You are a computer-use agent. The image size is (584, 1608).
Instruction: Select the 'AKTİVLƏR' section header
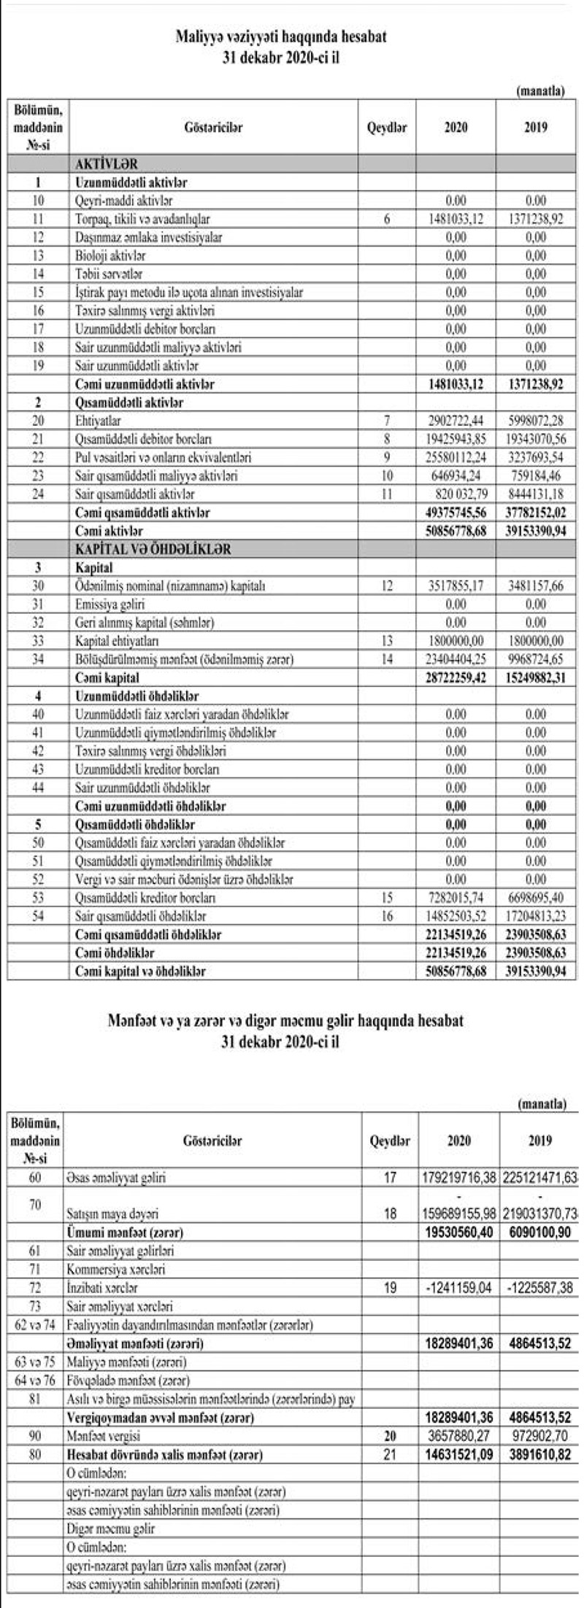(107, 164)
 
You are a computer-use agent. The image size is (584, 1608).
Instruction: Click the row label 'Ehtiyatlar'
(99, 422)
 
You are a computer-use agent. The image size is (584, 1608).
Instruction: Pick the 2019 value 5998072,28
(536, 422)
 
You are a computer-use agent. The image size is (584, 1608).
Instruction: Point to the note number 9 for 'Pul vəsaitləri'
(388, 458)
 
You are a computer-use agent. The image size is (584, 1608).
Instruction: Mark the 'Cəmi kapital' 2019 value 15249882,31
(536, 677)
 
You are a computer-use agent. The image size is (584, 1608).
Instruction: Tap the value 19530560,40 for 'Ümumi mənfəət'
(460, 1233)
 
